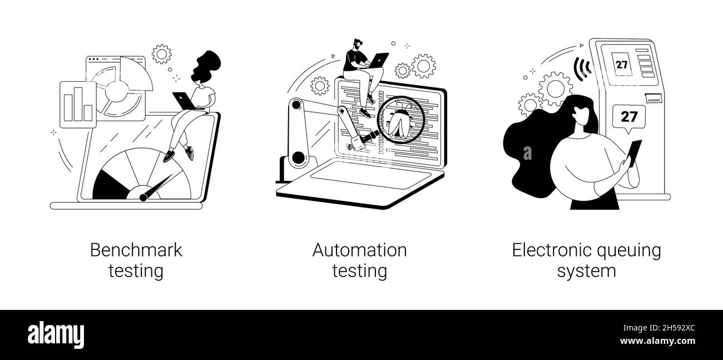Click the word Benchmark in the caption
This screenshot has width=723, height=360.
click(136, 250)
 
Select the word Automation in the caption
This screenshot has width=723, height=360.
click(359, 250)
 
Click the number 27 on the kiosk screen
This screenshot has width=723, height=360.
click(621, 64)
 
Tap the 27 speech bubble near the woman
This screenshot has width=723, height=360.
click(629, 117)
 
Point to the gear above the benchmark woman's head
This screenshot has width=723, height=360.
click(162, 54)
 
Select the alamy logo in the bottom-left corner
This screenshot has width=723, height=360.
click(56, 334)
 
